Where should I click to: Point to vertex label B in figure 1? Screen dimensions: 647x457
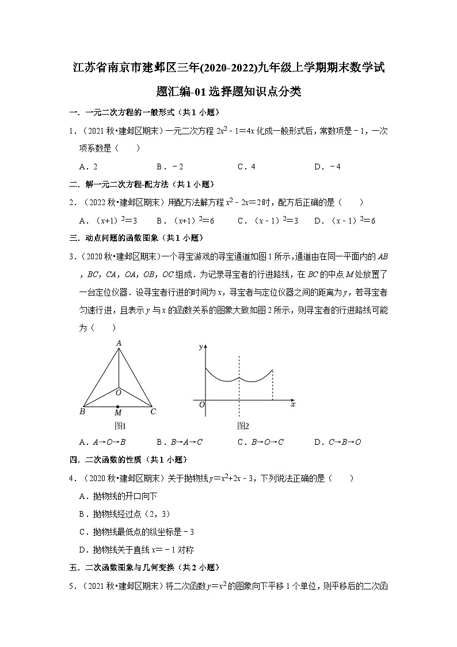pyautogui.click(x=82, y=412)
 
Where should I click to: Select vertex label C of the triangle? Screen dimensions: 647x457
pyautogui.click(x=153, y=412)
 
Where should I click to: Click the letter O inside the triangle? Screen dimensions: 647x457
pyautogui.click(x=118, y=392)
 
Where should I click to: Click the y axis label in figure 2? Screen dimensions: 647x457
pyautogui.click(x=200, y=347)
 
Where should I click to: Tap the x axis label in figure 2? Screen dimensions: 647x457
pyautogui.click(x=293, y=404)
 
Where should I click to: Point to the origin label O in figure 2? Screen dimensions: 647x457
pyautogui.click(x=201, y=405)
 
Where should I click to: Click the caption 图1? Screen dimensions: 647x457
pyautogui.click(x=120, y=426)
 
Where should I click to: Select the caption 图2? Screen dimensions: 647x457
pyautogui.click(x=243, y=426)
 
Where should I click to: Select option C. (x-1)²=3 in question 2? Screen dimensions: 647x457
pyautogui.click(x=268, y=220)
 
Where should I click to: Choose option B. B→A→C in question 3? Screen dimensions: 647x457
pyautogui.click(x=180, y=442)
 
